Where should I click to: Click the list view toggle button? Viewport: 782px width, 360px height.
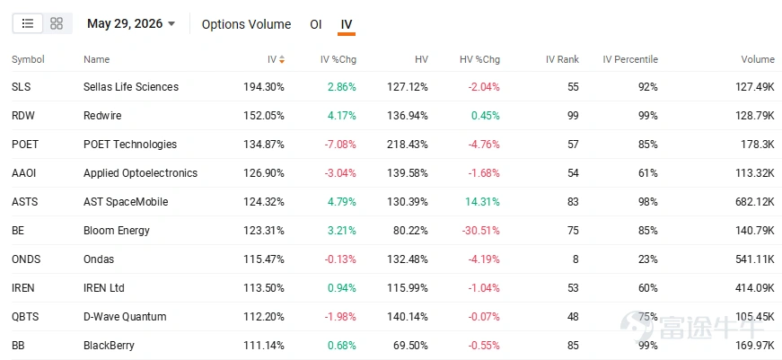click(28, 23)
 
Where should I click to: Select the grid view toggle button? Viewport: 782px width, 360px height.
click(57, 23)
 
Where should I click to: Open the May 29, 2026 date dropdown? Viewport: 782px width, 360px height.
click(131, 23)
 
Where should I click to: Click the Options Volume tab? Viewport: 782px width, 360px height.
click(246, 24)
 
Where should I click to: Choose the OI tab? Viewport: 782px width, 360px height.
click(316, 24)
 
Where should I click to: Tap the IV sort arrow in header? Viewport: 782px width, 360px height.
click(282, 59)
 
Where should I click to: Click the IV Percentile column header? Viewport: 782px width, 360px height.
click(630, 59)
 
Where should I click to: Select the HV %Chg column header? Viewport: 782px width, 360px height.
click(479, 59)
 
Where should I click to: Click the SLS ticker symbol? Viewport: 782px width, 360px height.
click(21, 87)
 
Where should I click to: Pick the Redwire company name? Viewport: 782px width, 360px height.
click(102, 116)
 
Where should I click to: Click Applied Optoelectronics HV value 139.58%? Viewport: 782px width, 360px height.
click(408, 173)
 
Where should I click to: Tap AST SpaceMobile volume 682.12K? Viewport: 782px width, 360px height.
click(754, 202)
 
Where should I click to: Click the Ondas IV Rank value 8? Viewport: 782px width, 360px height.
click(576, 259)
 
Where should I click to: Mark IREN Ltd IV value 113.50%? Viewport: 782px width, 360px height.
click(264, 288)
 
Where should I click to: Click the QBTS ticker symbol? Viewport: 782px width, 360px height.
click(25, 317)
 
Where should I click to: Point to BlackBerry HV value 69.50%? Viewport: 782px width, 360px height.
click(410, 346)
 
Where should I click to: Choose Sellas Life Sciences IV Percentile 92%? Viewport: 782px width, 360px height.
click(648, 87)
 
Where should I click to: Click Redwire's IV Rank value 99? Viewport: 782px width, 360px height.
click(573, 116)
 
